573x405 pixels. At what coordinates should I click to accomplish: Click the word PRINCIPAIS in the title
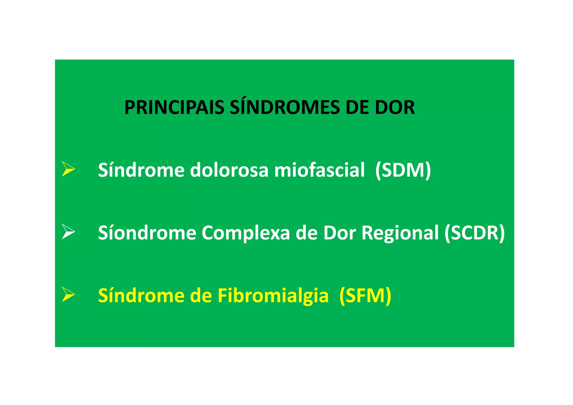[174, 107]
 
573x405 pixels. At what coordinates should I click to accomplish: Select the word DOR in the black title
[395, 107]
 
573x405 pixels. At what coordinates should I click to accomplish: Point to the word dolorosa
[229, 170]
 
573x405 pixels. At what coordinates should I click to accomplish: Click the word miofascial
[319, 170]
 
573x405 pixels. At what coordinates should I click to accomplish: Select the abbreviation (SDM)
[403, 170]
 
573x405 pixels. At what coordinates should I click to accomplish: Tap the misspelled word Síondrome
[147, 233]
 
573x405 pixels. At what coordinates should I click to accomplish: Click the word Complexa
[246, 233]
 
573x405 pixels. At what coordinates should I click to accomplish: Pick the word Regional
[400, 233]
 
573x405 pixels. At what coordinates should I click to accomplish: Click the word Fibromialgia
[273, 296]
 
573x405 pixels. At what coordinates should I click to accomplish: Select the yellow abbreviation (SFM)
[365, 296]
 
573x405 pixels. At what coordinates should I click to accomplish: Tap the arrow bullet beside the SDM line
[68, 169]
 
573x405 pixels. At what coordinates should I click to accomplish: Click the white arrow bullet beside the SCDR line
[68, 232]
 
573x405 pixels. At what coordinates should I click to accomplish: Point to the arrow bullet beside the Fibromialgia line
[68, 294]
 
